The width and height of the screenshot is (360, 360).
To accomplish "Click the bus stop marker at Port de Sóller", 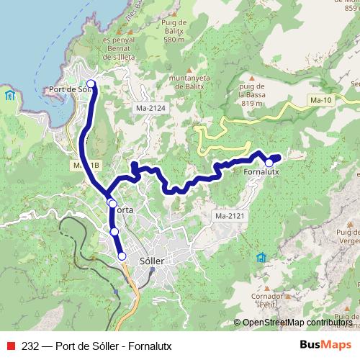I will pyautogui.click(x=91, y=84).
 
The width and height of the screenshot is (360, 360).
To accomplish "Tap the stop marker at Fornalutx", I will pyautogui.click(x=269, y=163).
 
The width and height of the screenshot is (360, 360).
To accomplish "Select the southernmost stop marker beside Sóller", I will pyautogui.click(x=122, y=256).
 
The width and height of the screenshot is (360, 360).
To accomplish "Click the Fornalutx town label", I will pyautogui.click(x=262, y=174).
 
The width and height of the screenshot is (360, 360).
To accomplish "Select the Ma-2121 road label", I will pyautogui.click(x=228, y=216).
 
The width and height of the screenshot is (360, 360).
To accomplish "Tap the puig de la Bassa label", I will pyautogui.click(x=253, y=92).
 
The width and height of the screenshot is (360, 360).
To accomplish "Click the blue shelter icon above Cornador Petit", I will pyautogui.click(x=261, y=257).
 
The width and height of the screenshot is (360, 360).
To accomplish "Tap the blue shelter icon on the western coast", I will pyautogui.click(x=9, y=95).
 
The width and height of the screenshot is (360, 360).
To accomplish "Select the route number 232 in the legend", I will pyautogui.click(x=31, y=345).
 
